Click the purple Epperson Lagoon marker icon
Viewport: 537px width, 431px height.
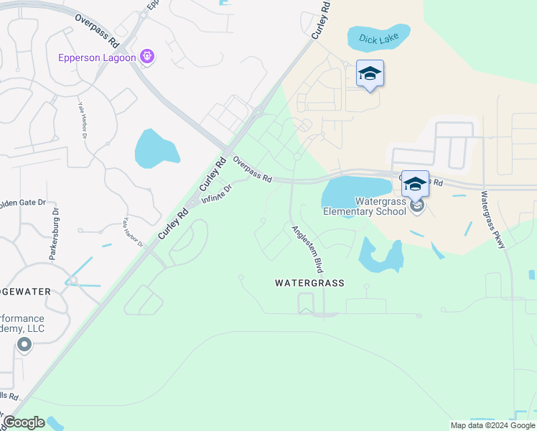[147, 56]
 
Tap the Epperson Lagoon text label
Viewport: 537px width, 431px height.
[98, 57]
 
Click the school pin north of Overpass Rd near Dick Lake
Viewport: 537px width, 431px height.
[370, 73]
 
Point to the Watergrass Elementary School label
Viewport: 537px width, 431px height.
[365, 205]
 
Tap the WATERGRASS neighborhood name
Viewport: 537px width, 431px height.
[309, 283]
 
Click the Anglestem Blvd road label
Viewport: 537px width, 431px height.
[305, 249]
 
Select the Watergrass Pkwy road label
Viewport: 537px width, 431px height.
[493, 220]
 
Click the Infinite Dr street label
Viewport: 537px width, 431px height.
[217, 195]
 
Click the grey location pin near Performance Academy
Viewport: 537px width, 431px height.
[24, 346]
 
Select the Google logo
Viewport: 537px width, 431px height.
[24, 422]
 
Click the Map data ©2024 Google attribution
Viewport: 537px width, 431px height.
[492, 425]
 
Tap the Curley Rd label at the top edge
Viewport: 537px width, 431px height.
[321, 18]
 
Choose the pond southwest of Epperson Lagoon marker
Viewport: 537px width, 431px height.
[157, 148]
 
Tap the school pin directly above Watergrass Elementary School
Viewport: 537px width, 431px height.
[415, 184]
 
